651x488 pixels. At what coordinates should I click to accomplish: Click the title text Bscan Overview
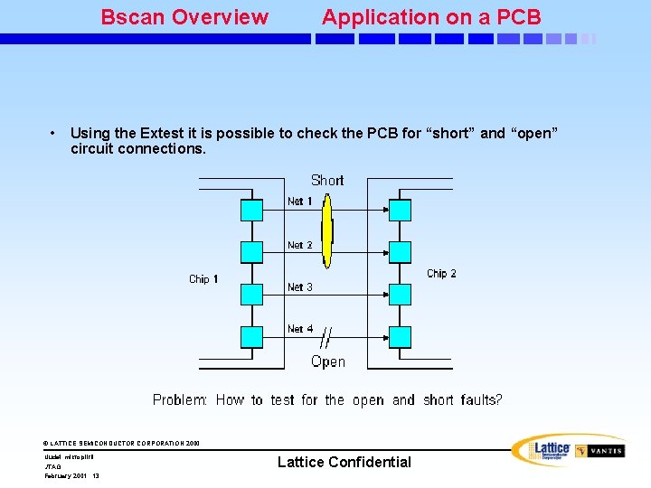[x=184, y=17]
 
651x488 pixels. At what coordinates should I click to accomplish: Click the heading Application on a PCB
[x=431, y=17]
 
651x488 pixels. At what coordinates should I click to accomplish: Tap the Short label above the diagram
[x=327, y=180]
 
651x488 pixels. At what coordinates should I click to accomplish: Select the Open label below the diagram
[x=327, y=361]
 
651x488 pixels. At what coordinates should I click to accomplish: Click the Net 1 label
[x=300, y=202]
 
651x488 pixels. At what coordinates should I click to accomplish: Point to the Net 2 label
[x=300, y=245]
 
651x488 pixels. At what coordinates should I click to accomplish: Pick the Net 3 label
[x=300, y=287]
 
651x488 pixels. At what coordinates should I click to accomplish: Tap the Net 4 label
[x=300, y=329]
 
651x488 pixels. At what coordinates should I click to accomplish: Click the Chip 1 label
[x=203, y=279]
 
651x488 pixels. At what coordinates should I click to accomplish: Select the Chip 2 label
[x=441, y=274]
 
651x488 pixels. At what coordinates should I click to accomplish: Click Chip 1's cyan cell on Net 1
[x=251, y=211]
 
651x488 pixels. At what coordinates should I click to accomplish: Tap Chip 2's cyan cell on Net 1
[x=400, y=211]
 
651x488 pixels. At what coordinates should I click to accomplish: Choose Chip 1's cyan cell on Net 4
[x=251, y=337]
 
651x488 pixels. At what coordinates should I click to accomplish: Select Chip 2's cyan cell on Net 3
[x=400, y=295]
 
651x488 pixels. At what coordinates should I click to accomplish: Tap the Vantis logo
[x=600, y=451]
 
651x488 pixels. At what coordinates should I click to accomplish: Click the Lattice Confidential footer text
[x=344, y=462]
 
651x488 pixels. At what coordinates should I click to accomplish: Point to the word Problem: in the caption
[x=180, y=399]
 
